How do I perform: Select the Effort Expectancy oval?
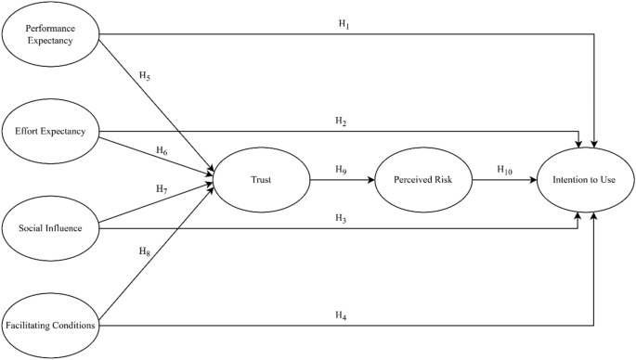[x=50, y=131]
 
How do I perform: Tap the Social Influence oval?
[x=50, y=227]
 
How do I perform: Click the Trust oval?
[x=261, y=179]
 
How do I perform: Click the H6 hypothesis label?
[x=162, y=150]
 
